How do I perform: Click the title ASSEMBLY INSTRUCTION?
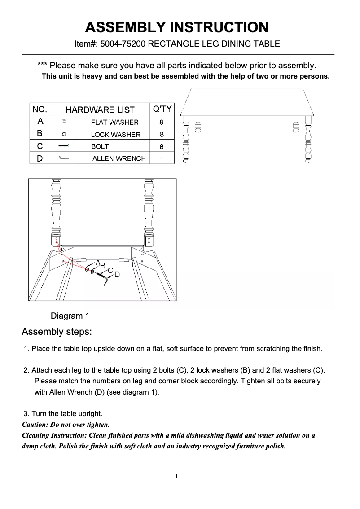(x=177, y=27)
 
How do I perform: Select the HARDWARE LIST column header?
(x=100, y=110)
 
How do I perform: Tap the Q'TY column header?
(x=162, y=109)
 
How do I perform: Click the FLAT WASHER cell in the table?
(x=114, y=122)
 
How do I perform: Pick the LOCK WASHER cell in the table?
(x=115, y=134)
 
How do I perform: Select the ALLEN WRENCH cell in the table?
(x=119, y=158)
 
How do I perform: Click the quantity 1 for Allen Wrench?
(x=162, y=159)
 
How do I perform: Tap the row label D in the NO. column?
(x=40, y=158)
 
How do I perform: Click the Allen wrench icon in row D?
(x=65, y=158)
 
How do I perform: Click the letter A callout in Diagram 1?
(x=97, y=262)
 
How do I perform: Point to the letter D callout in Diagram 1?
(x=117, y=274)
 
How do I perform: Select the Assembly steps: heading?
(x=57, y=332)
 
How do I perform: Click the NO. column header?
(x=40, y=110)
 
